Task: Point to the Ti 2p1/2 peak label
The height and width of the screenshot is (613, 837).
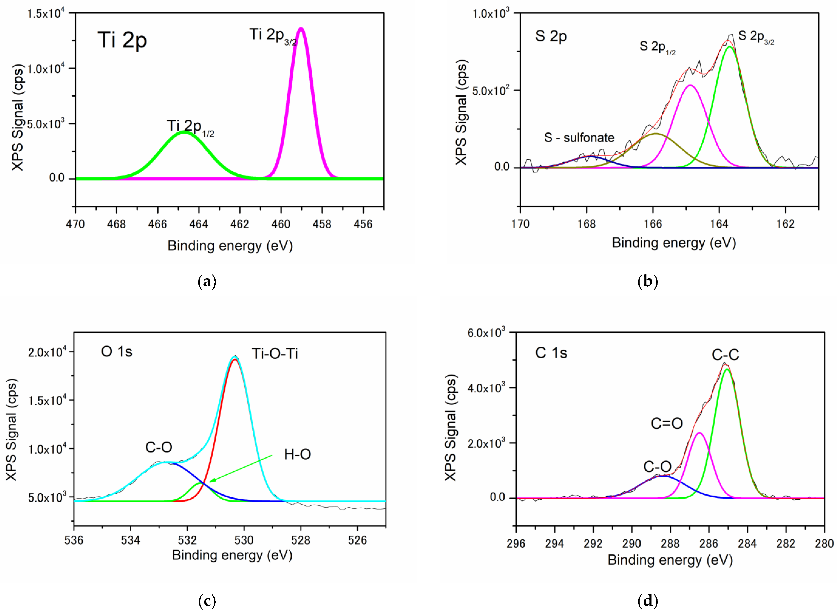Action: click(x=190, y=127)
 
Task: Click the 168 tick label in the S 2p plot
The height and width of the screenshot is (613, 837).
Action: click(x=587, y=224)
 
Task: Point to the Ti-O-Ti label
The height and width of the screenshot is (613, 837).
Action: click(x=275, y=354)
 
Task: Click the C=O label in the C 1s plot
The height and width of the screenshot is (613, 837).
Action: click(x=667, y=423)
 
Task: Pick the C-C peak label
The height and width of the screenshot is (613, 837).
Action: click(x=725, y=355)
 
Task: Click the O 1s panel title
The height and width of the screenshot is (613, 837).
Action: click(x=117, y=351)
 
